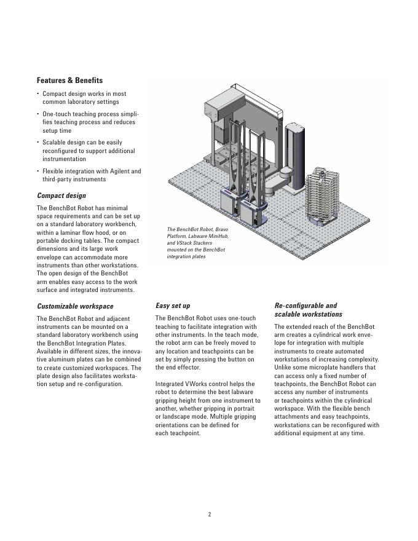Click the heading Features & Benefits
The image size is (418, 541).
pos(69,81)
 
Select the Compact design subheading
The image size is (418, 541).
pos(61,195)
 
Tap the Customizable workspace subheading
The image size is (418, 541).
pos(75,306)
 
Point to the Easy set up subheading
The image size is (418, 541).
pos(173,306)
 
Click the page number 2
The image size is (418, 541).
pos(209,515)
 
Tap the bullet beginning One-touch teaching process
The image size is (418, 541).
pos(90,122)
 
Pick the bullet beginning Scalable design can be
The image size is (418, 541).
pos(89,151)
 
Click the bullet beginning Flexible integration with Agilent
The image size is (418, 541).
pos(92,175)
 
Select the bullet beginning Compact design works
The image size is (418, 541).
pos(84,98)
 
